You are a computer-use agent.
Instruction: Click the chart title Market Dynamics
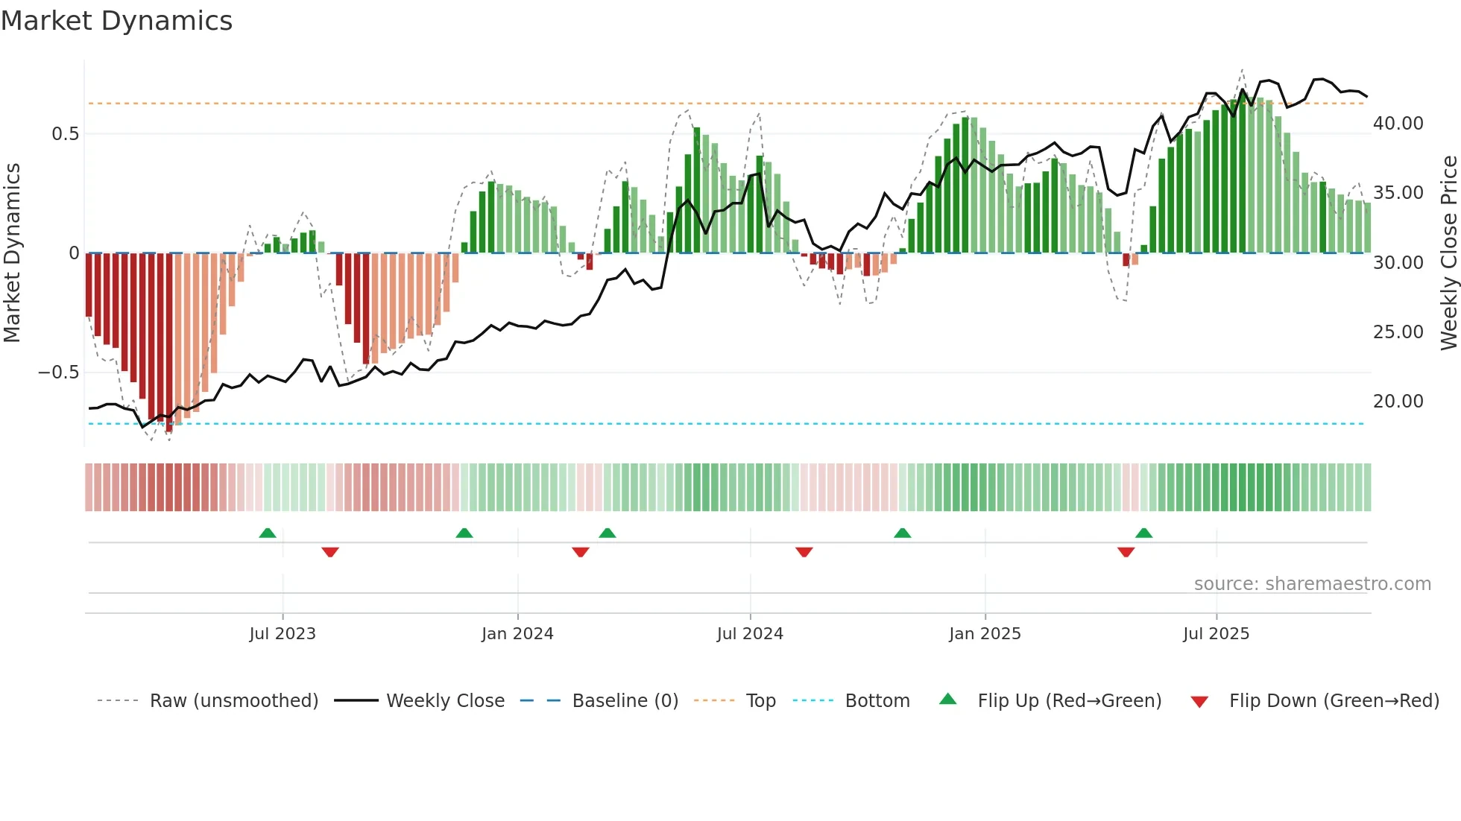point(116,21)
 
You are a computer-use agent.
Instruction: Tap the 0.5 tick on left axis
point(65,134)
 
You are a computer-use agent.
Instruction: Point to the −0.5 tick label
point(58,373)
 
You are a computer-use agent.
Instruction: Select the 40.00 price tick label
point(1398,124)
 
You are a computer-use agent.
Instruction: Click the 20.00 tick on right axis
point(1398,402)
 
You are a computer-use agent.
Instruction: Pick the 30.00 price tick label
point(1398,263)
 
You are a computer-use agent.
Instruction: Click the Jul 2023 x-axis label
point(283,634)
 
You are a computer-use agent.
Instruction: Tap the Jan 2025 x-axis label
point(985,634)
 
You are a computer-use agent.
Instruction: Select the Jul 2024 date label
point(750,634)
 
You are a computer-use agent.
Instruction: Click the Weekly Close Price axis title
point(1448,253)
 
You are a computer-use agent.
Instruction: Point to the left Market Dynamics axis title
point(12,253)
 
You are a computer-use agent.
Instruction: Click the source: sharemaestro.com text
point(1312,584)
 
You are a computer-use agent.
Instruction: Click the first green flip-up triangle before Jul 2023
point(268,533)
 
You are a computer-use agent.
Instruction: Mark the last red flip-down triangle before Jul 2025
point(1126,552)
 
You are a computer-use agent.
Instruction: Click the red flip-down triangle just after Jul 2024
point(804,552)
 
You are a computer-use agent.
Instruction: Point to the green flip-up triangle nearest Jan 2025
point(902,533)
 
